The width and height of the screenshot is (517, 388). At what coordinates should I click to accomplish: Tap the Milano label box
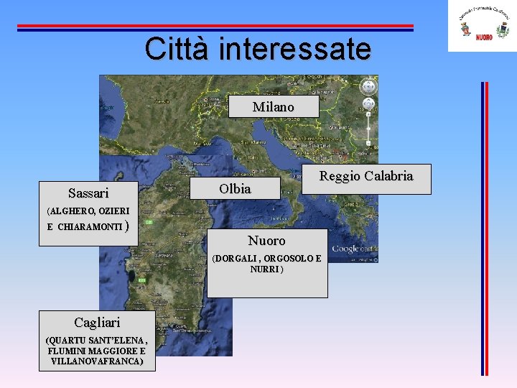(273, 106)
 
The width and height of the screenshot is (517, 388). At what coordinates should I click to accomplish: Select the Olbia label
(235, 189)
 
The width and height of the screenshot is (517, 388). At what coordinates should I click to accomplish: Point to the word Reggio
(340, 176)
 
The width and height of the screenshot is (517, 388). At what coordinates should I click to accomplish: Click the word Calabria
(388, 176)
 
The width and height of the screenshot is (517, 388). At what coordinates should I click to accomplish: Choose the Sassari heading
(88, 193)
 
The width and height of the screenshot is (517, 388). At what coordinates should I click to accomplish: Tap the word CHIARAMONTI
(90, 227)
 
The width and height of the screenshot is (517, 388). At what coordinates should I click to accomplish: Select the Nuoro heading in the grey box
(266, 241)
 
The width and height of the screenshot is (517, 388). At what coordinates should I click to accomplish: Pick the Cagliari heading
(97, 322)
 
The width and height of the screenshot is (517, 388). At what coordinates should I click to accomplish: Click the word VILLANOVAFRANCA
(97, 361)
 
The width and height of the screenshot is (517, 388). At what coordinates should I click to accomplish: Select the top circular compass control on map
(368, 86)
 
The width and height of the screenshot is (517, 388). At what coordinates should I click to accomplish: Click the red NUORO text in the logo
(484, 37)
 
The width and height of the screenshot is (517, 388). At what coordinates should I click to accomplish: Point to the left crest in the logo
(465, 29)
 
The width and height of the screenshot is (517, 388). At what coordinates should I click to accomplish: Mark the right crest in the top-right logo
(503, 29)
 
